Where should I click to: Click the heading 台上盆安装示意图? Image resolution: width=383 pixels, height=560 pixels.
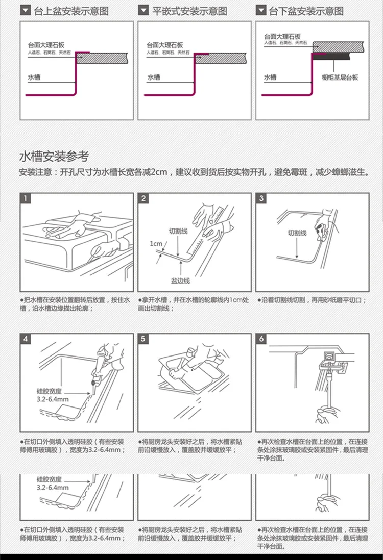tap(71, 11)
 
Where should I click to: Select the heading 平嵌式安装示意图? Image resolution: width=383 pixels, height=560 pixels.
tap(190, 11)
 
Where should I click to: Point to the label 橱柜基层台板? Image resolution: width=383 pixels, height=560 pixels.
tap(340, 78)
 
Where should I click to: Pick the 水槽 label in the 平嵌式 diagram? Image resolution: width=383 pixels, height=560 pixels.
tap(154, 78)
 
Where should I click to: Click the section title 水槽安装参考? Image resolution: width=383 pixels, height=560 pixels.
tap(54, 156)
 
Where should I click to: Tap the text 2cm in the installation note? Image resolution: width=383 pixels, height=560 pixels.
tap(159, 172)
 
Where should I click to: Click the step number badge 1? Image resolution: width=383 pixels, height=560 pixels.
tap(26, 198)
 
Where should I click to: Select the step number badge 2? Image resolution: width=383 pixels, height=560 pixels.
tap(144, 198)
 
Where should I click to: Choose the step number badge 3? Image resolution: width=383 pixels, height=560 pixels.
tap(262, 198)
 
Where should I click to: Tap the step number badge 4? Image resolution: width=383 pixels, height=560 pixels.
tap(26, 339)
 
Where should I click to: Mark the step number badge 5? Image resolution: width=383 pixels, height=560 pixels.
tap(144, 339)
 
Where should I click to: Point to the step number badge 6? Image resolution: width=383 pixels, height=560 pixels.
tap(262, 339)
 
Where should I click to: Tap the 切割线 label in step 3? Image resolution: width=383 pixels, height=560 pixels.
tap(297, 233)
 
